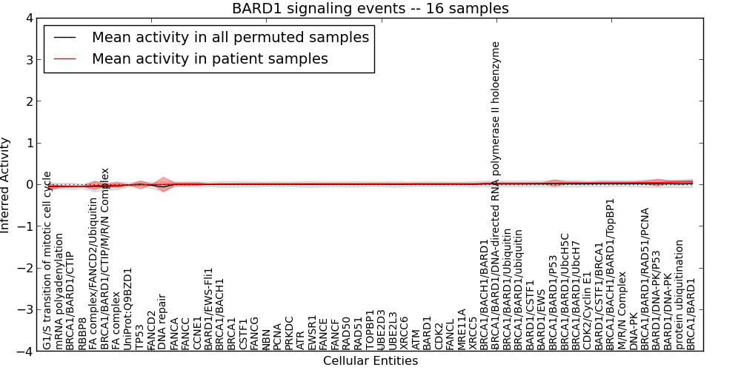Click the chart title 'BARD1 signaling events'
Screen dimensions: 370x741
coord(370,9)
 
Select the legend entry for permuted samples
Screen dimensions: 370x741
coord(230,37)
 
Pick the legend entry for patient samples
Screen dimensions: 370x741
coord(210,58)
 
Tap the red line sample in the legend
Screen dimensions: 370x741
coord(64,58)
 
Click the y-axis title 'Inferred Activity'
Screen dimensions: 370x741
coord(6,185)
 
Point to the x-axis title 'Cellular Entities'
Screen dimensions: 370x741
coord(370,361)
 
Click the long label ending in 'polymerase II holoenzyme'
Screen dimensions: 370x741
coord(496,195)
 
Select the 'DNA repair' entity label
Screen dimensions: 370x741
coord(162,323)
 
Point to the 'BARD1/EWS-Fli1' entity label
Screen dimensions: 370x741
coord(208,309)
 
